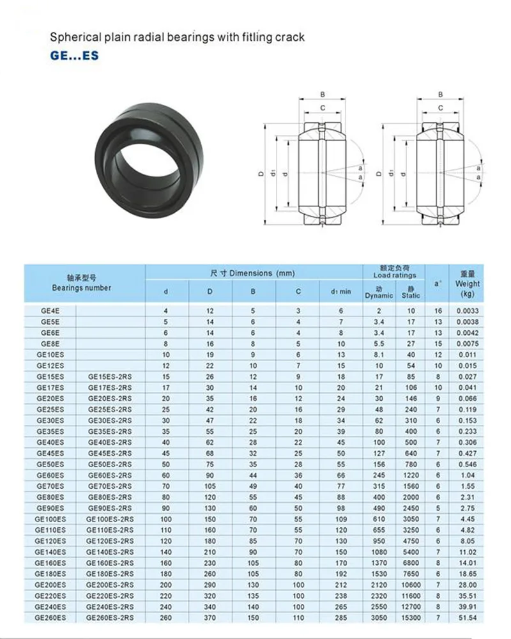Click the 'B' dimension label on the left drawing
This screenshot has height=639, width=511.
pos(323,95)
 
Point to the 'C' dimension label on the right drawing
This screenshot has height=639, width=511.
pos(440,107)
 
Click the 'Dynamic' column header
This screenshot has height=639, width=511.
pos(379,295)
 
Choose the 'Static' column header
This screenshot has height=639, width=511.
pos(411,295)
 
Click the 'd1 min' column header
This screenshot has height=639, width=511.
pos(341,292)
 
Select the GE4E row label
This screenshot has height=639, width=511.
pos(50,311)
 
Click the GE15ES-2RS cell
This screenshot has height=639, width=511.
pos(110,377)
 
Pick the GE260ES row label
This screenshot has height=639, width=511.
pos(50,617)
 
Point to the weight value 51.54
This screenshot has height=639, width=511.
pos(468,617)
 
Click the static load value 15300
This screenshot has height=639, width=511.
pos(411,617)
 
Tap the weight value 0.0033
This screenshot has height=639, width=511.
pos(468,311)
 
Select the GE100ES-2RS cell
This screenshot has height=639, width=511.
pos(110,519)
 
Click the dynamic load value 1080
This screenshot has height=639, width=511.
pos(379,551)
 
